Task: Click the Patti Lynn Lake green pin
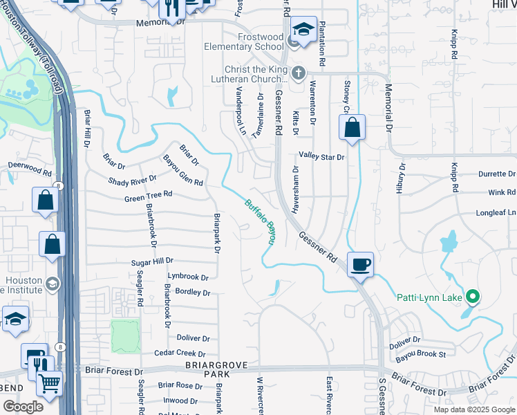[x=473, y=297]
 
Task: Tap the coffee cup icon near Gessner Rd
[x=360, y=264]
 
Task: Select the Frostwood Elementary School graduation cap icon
[x=303, y=30]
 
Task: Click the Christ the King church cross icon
[x=299, y=72]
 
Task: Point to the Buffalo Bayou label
[x=261, y=221]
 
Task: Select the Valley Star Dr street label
[x=321, y=157]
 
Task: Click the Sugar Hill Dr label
[x=152, y=263]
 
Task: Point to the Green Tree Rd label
[x=148, y=196]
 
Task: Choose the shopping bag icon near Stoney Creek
[x=352, y=127]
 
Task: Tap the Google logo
[x=22, y=406]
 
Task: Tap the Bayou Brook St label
[x=420, y=354]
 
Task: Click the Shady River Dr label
[x=133, y=181]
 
